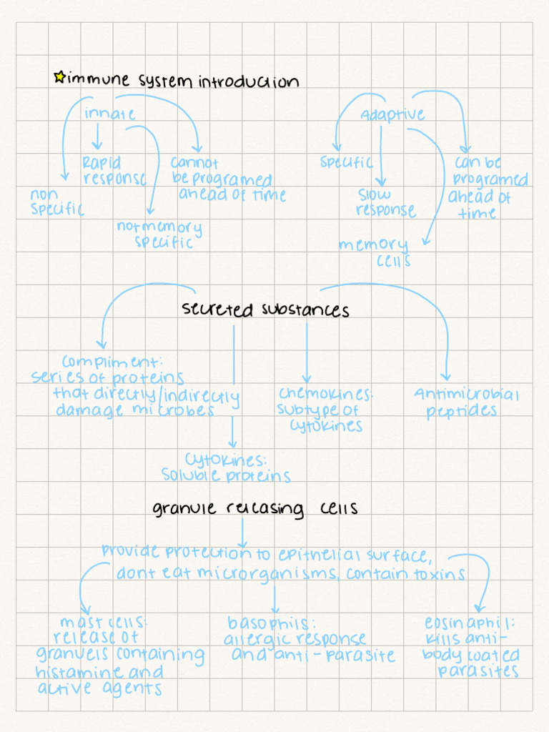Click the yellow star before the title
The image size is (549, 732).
tap(59, 76)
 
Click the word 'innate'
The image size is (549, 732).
tap(109, 114)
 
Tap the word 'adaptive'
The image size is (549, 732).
tap(392, 115)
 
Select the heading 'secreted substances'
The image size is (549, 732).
tap(265, 310)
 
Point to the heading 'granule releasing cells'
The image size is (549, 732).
tap(255, 508)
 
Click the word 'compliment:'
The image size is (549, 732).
tap(112, 362)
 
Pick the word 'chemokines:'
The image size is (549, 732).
tap(326, 394)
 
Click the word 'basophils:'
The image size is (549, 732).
tap(271, 622)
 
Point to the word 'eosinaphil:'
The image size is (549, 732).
tap(469, 623)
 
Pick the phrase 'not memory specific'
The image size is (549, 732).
tap(160, 234)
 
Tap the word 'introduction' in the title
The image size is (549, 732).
tap(248, 81)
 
